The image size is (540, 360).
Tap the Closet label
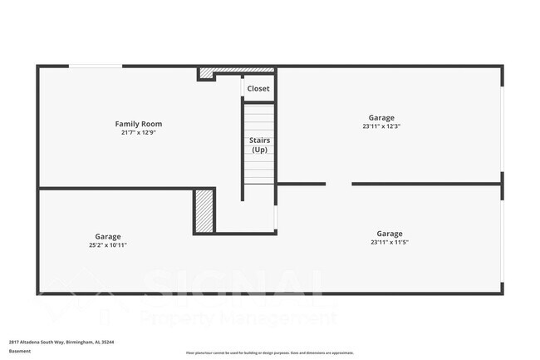point(258,88)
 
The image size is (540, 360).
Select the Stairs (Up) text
point(259,145)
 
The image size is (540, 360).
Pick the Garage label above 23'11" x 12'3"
point(381,118)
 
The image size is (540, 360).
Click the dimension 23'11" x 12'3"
point(381,126)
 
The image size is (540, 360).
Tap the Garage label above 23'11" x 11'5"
point(389,234)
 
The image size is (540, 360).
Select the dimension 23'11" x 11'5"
point(389,243)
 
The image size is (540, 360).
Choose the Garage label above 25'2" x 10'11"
point(107,236)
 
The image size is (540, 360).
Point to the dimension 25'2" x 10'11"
point(107,245)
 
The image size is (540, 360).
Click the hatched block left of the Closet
point(205,74)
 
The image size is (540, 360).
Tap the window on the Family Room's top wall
point(91,67)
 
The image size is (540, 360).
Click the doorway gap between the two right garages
point(338,184)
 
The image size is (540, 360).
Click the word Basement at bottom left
point(20,352)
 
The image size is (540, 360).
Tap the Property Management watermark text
point(241,317)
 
